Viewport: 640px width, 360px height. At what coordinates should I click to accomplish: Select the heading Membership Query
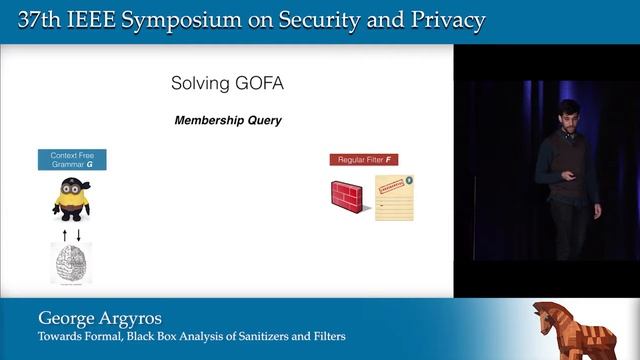228,120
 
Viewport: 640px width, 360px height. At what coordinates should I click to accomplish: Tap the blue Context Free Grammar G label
72,159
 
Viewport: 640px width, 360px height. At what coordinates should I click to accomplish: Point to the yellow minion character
71,198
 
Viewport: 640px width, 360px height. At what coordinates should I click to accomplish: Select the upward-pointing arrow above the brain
64,234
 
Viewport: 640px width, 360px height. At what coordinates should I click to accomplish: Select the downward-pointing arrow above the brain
78,234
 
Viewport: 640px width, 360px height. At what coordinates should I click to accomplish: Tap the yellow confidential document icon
394,197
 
